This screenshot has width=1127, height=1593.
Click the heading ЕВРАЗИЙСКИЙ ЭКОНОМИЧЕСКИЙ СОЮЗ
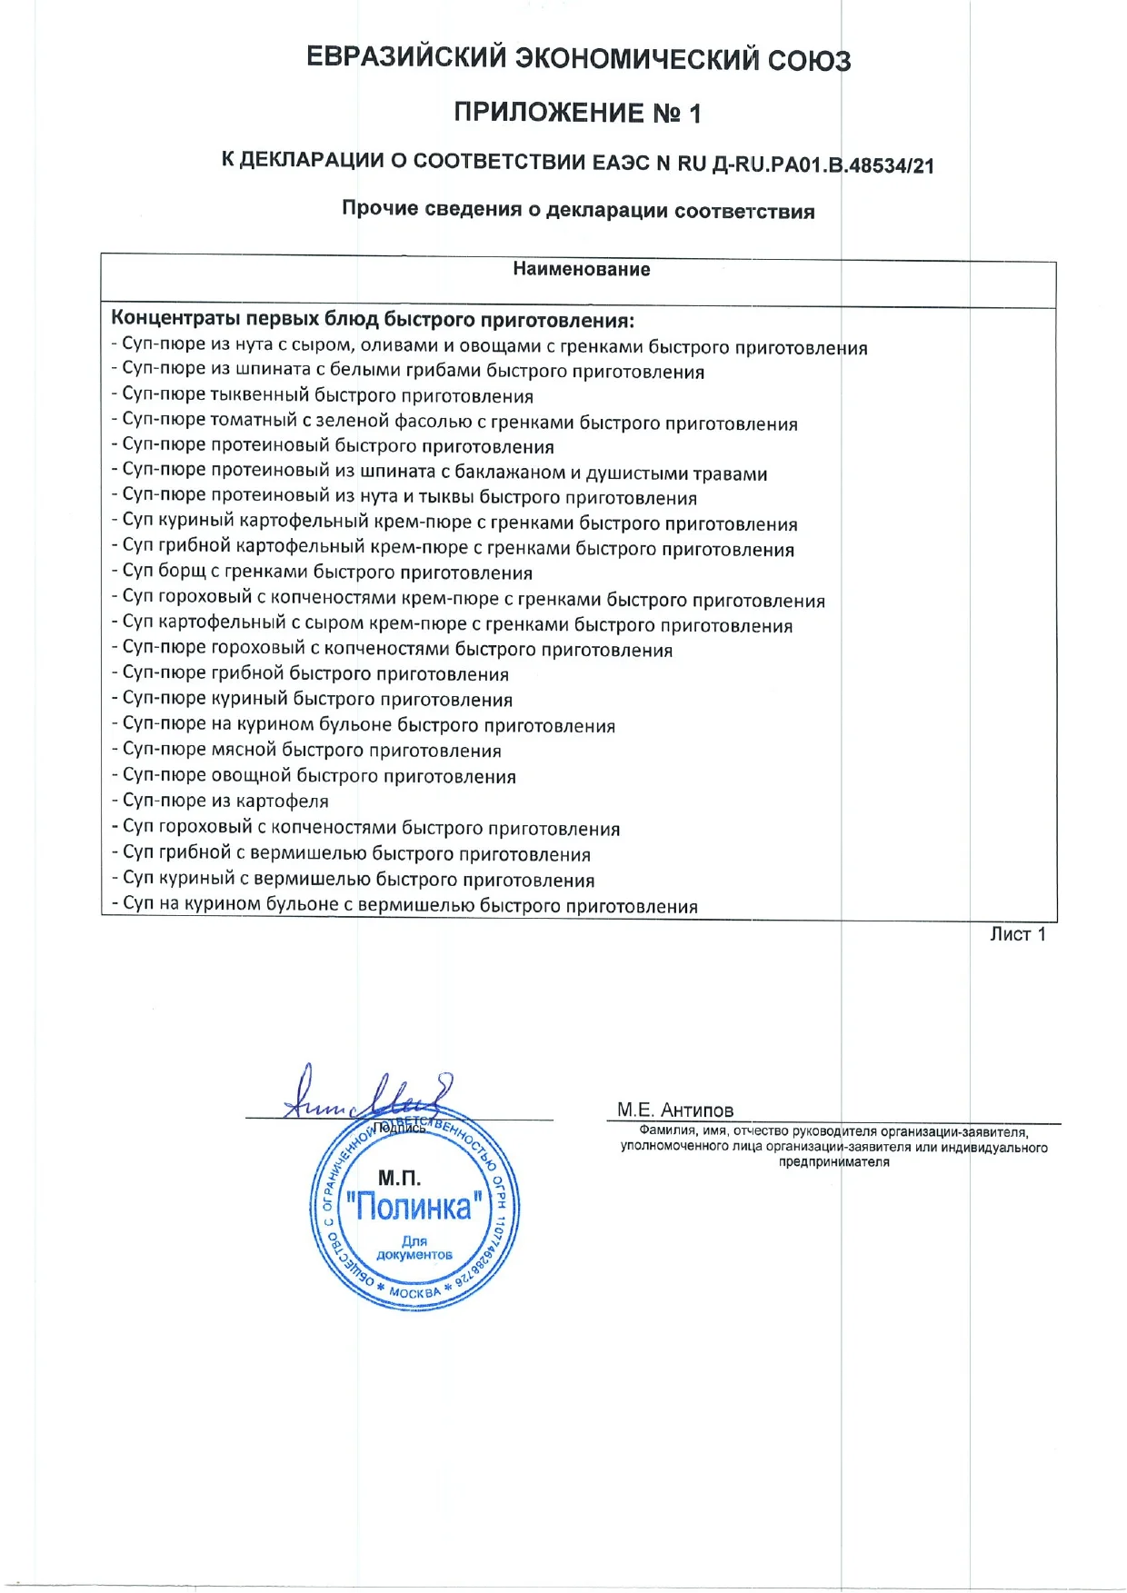(x=578, y=59)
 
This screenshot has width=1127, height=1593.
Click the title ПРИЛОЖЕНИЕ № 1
(x=578, y=114)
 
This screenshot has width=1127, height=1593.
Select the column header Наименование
(x=581, y=269)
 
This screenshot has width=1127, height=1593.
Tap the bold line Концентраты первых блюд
(x=372, y=320)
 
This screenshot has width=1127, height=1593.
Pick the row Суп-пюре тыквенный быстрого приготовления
(x=323, y=396)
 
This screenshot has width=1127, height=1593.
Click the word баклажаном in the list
(x=510, y=473)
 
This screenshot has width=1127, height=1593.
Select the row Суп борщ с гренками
(x=323, y=572)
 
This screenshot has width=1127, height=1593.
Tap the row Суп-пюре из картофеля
(x=221, y=801)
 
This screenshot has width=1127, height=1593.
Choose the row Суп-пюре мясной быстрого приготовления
(x=307, y=751)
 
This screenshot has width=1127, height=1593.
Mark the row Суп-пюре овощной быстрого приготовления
(x=314, y=776)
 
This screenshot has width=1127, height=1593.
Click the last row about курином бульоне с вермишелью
(x=405, y=906)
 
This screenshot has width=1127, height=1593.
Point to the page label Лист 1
(x=1017, y=934)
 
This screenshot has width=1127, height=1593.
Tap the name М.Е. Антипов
(x=674, y=1110)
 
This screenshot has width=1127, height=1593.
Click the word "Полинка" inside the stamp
(x=414, y=1207)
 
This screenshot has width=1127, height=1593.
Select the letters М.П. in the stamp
(x=399, y=1178)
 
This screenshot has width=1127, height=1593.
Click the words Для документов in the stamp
(x=414, y=1248)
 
